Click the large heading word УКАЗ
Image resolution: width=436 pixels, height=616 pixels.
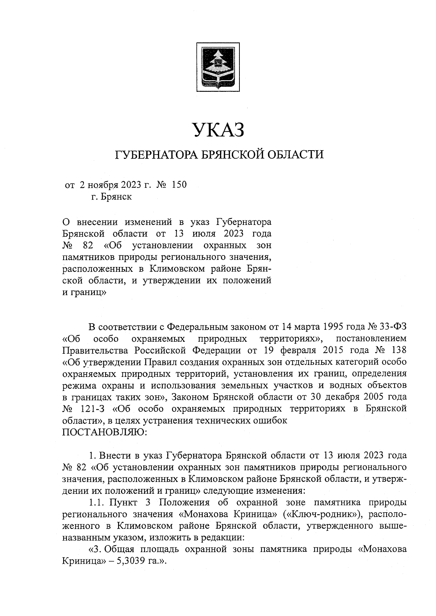[218, 130]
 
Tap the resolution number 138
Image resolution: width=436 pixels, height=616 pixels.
[398, 350]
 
